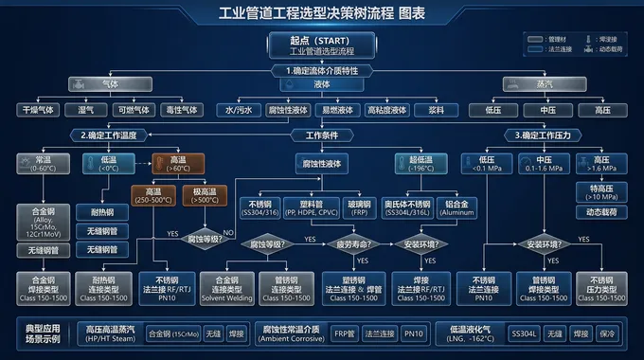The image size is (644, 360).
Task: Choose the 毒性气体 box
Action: coord(181,110)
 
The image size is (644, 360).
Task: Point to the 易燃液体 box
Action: coord(338,110)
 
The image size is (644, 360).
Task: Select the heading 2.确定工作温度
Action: coord(71,135)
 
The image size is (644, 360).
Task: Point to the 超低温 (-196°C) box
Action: coord(418,163)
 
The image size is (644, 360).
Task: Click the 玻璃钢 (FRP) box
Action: coord(359,207)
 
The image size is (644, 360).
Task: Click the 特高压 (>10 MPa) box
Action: coord(601,193)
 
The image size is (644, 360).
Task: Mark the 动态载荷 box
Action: coord(601,213)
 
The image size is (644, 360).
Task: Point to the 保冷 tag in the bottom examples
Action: coord(606,334)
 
